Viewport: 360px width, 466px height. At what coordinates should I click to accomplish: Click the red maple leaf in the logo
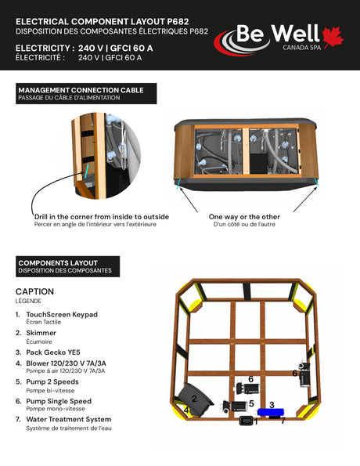333,37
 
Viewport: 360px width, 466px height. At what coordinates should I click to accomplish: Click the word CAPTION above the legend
34,291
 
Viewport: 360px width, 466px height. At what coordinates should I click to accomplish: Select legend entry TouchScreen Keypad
62,314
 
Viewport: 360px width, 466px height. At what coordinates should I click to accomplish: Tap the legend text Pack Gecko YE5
53,352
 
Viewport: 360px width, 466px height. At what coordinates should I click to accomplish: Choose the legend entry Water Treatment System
69,419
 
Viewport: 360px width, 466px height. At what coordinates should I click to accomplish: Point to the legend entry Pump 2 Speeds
52,382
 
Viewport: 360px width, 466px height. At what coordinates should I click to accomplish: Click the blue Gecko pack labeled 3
271,412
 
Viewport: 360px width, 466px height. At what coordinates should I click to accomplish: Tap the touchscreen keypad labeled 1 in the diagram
247,421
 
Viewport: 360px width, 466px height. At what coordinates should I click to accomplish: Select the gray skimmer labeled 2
195,399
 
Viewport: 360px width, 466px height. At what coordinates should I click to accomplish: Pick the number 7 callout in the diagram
283,421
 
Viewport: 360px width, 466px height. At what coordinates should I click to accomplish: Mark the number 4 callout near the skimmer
186,410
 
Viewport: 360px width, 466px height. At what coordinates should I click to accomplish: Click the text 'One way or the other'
244,217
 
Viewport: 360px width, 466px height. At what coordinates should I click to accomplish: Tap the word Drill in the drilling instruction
41,217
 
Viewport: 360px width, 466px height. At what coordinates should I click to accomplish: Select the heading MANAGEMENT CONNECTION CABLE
81,90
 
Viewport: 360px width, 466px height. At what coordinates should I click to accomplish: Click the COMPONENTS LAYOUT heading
58,263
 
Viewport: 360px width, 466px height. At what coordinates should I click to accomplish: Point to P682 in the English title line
178,21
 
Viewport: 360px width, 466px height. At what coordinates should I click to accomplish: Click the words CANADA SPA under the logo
302,48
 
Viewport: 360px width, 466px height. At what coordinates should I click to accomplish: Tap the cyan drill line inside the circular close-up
86,172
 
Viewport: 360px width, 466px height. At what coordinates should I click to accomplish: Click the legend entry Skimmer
41,333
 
